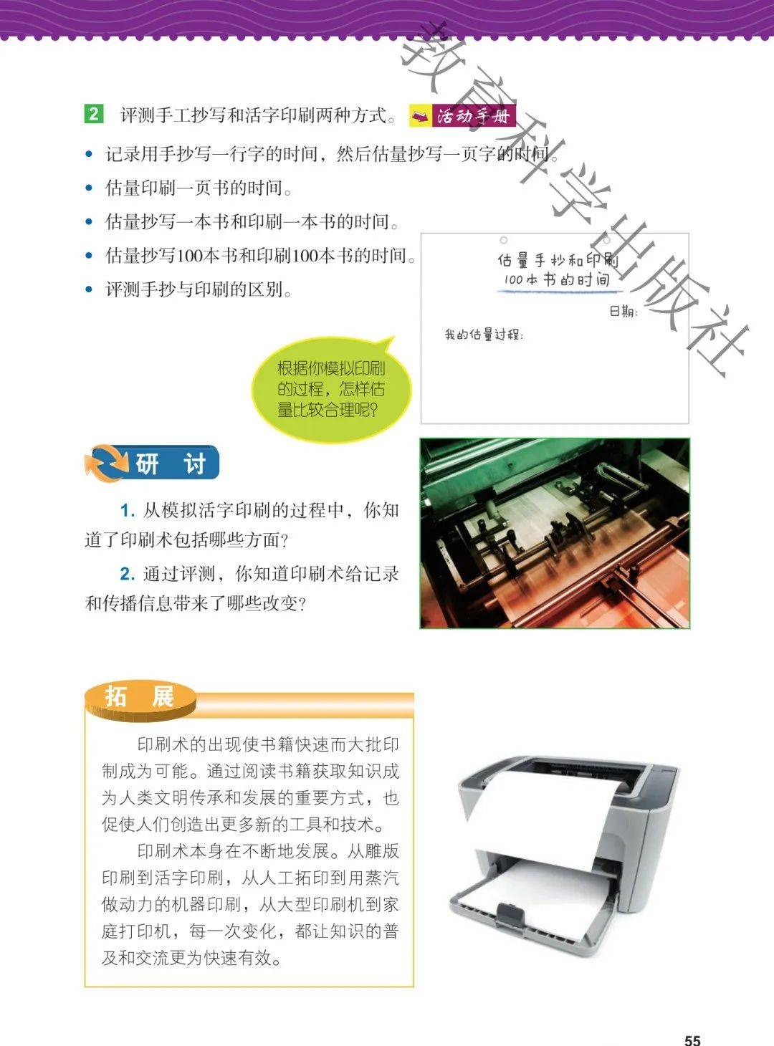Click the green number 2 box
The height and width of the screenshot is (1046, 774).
pyautogui.click(x=93, y=114)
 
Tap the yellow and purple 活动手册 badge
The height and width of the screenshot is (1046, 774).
pyautogui.click(x=462, y=115)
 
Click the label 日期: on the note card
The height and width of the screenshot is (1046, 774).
pyautogui.click(x=623, y=312)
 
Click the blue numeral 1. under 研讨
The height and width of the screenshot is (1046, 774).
pyautogui.click(x=128, y=511)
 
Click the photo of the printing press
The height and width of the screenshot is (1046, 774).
pyautogui.click(x=555, y=533)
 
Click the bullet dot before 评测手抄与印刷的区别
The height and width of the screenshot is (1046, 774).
pyautogui.click(x=89, y=289)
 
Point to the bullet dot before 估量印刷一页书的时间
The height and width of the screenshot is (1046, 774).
pyautogui.click(x=89, y=188)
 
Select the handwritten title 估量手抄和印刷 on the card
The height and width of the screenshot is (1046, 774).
pyautogui.click(x=558, y=260)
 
